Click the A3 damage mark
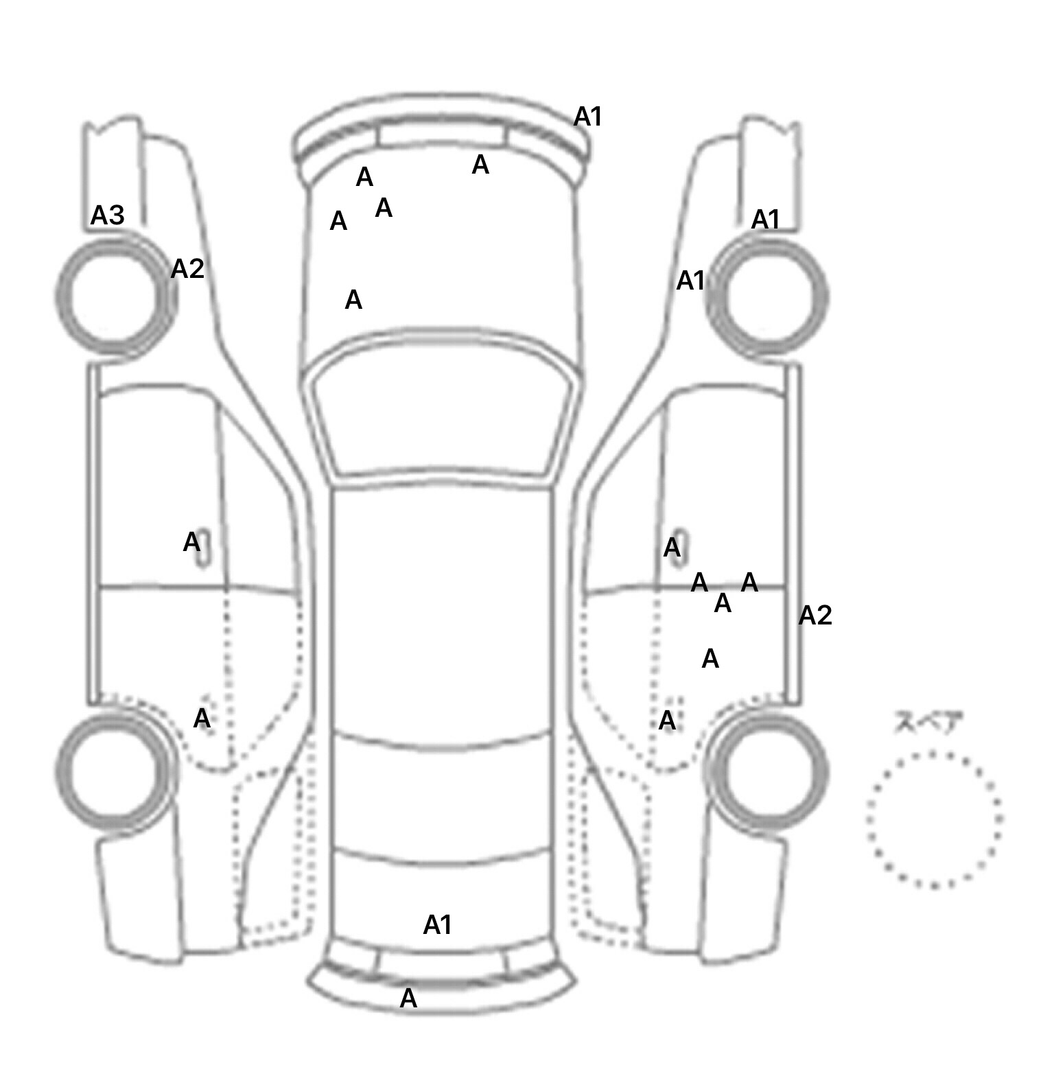pyautogui.click(x=108, y=215)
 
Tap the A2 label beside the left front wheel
pyautogui.click(x=187, y=269)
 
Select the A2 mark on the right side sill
pyautogui.click(x=815, y=616)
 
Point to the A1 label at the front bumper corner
pyautogui.click(x=588, y=117)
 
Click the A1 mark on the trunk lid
pyautogui.click(x=438, y=925)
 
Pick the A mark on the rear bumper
pyautogui.click(x=408, y=998)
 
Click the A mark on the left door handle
pyautogui.click(x=192, y=543)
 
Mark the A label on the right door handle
pyautogui.click(x=672, y=548)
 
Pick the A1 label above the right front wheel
pyautogui.click(x=766, y=220)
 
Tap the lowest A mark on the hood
pyautogui.click(x=353, y=300)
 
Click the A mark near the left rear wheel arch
pyautogui.click(x=202, y=718)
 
